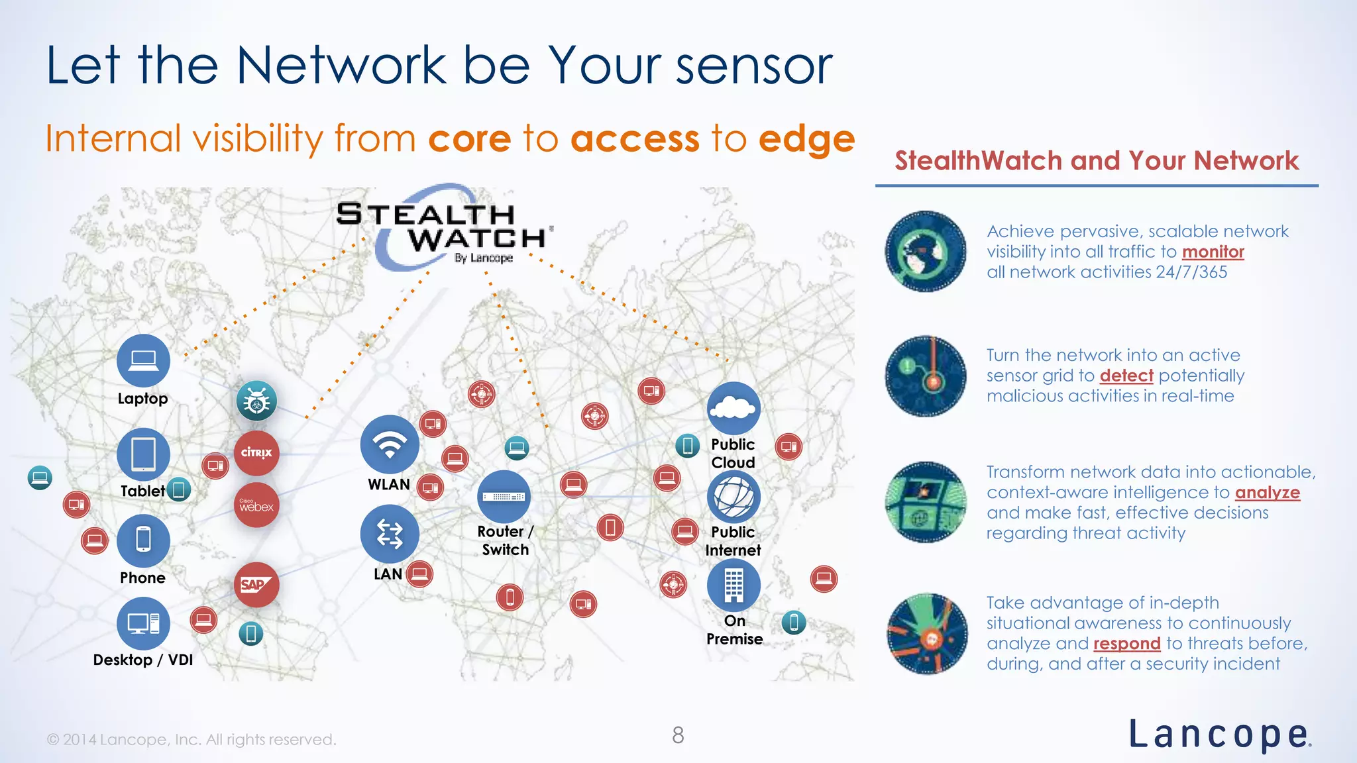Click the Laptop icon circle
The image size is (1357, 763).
tap(143, 360)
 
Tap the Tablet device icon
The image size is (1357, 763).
tap(143, 454)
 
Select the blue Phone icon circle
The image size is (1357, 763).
tap(143, 540)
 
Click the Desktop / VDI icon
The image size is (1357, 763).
tap(143, 623)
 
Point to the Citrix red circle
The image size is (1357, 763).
tap(256, 453)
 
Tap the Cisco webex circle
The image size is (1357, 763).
tap(256, 505)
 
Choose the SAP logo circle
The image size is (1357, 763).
tap(256, 585)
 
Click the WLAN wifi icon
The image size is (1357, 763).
tap(390, 444)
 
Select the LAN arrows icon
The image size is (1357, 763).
tap(390, 534)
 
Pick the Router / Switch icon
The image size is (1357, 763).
tap(504, 497)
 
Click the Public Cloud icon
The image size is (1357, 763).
tap(733, 408)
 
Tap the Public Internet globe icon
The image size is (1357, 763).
tap(733, 497)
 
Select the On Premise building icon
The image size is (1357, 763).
tap(733, 585)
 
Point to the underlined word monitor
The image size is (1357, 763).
tap(1213, 252)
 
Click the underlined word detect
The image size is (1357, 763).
tap(1126, 376)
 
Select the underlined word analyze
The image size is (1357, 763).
tap(1267, 493)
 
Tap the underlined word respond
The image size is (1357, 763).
tap(1126, 644)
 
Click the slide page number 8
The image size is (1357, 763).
tap(678, 735)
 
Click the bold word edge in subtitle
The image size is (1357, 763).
tap(806, 139)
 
